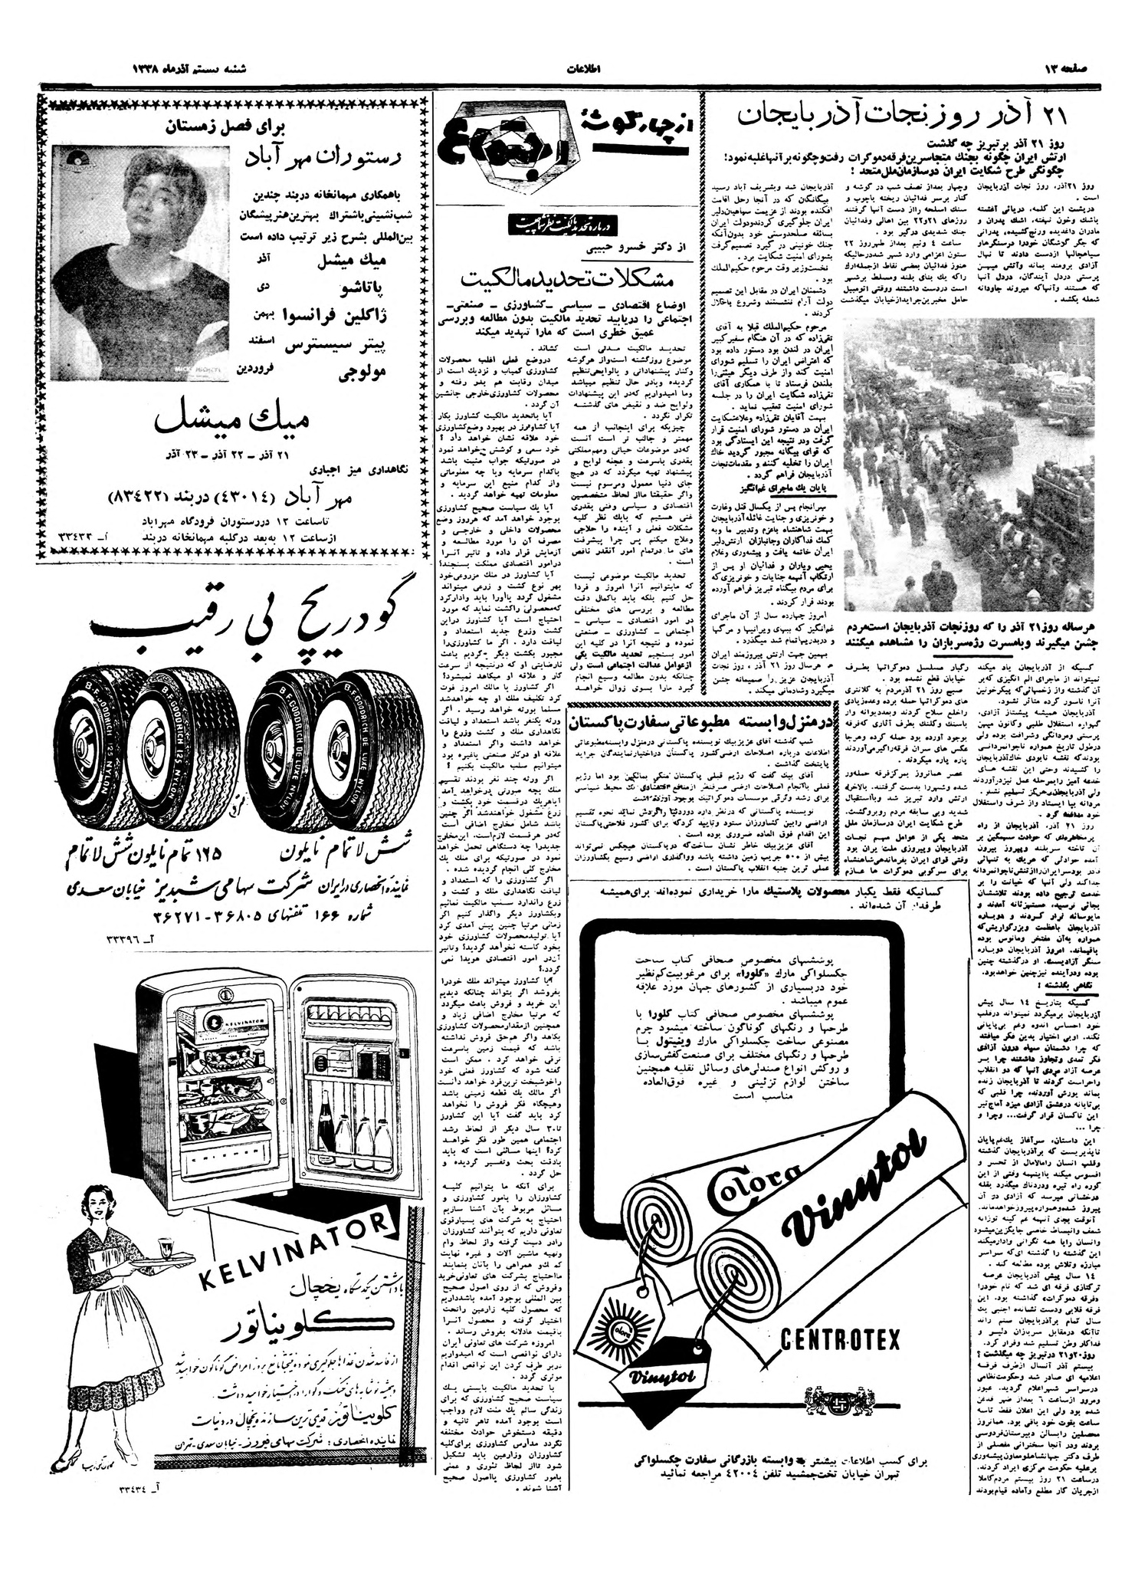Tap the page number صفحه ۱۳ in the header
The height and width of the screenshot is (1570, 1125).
point(1072,68)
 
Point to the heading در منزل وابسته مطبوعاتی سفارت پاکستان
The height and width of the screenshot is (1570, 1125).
point(685,721)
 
